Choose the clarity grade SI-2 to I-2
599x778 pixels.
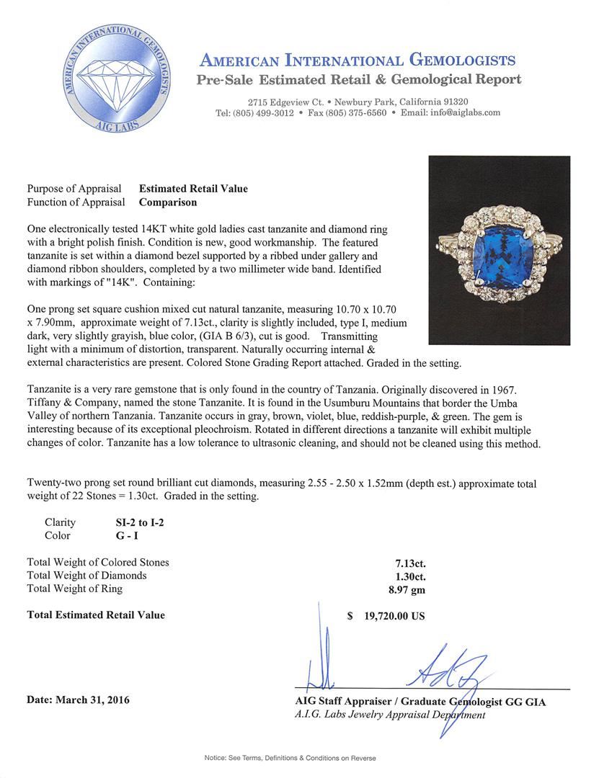[135, 522]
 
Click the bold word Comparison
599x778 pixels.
[167, 202]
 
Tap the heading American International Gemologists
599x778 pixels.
[357, 61]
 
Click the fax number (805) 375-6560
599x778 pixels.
[358, 113]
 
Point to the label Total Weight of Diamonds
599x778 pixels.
[86, 576]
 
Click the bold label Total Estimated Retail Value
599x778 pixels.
[96, 615]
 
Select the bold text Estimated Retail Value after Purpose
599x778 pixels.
[193, 189]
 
